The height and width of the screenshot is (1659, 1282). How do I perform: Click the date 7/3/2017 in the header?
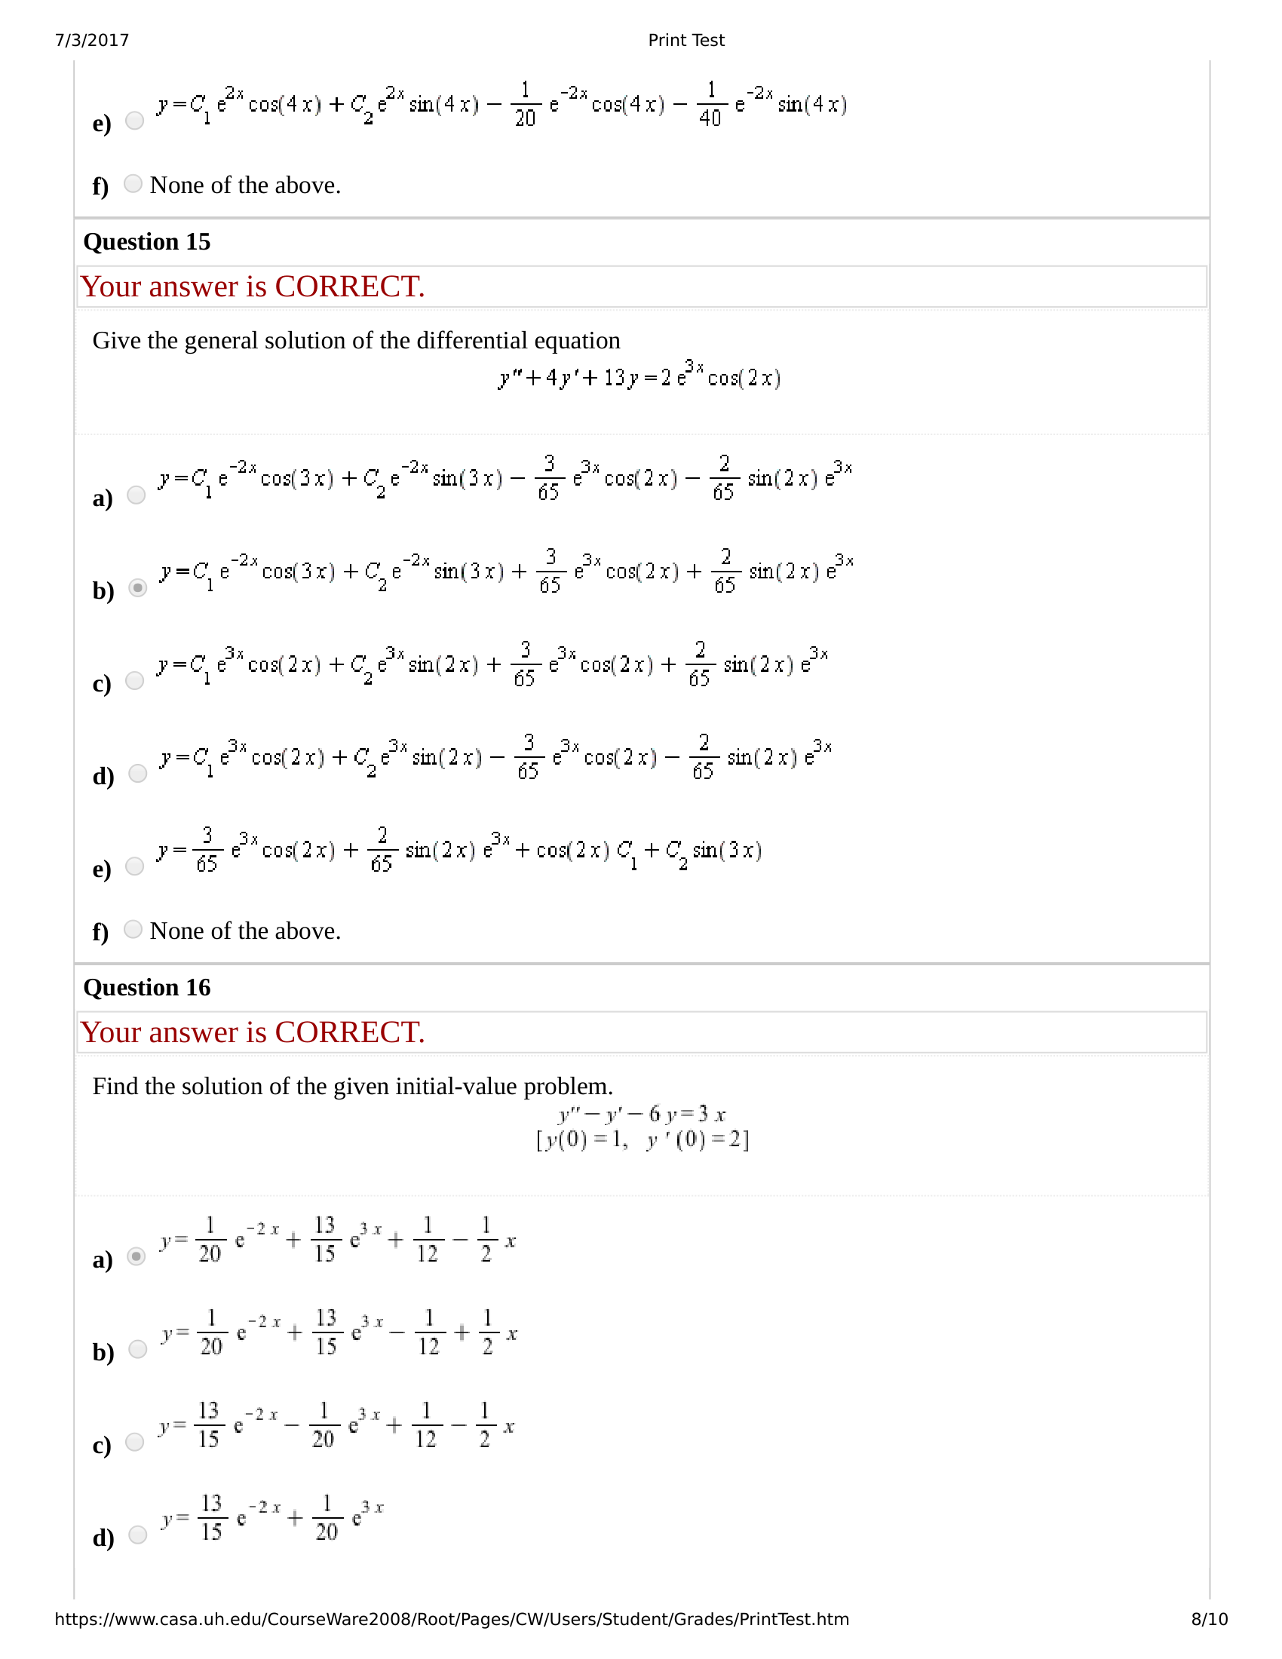pos(92,40)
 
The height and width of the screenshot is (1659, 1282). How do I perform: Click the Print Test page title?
pos(685,40)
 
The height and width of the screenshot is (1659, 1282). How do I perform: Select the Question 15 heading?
pos(146,241)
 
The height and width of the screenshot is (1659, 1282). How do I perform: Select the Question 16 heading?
pos(146,988)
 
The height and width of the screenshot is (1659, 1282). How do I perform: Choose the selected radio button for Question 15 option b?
pos(137,588)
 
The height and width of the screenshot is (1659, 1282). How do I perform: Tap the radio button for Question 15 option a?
pos(136,495)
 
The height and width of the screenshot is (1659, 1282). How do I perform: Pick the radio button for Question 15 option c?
pos(134,681)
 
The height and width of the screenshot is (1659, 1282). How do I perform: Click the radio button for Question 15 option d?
pos(137,773)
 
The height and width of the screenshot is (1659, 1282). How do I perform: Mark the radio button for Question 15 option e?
pos(134,866)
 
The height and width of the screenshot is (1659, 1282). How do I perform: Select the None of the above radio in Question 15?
pos(133,929)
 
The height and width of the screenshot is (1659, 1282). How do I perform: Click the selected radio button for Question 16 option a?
pos(136,1256)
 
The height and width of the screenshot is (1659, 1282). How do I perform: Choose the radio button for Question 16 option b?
pos(137,1349)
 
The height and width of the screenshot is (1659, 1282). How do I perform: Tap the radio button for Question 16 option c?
pos(134,1442)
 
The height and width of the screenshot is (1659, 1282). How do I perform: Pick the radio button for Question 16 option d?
pos(137,1535)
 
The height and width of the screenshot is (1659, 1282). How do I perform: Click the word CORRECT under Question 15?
pos(348,287)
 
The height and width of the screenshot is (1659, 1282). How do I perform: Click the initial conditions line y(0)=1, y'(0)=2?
pos(643,1140)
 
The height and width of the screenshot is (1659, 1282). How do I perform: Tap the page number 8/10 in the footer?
pos(1209,1619)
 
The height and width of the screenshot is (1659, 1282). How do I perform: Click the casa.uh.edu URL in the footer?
pos(451,1619)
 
